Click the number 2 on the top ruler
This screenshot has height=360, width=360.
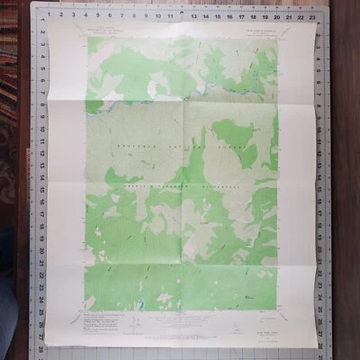tap(61, 15)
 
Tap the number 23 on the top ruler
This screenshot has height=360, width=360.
tap(310, 15)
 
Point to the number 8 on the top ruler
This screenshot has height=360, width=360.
tap(133, 15)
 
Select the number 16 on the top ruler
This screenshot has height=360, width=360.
tap(229, 15)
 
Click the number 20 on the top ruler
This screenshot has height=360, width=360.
tap(275, 15)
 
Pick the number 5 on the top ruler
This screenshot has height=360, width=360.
tap(97, 15)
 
